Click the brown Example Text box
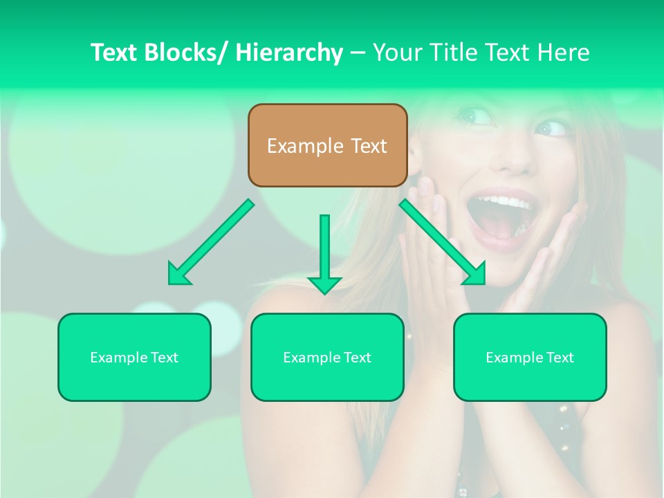point(327,145)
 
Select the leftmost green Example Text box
point(134,357)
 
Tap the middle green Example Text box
point(327,357)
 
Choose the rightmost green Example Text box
point(530,357)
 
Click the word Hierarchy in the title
point(289,53)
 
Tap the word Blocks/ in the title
point(185,53)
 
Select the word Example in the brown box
point(305,146)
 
